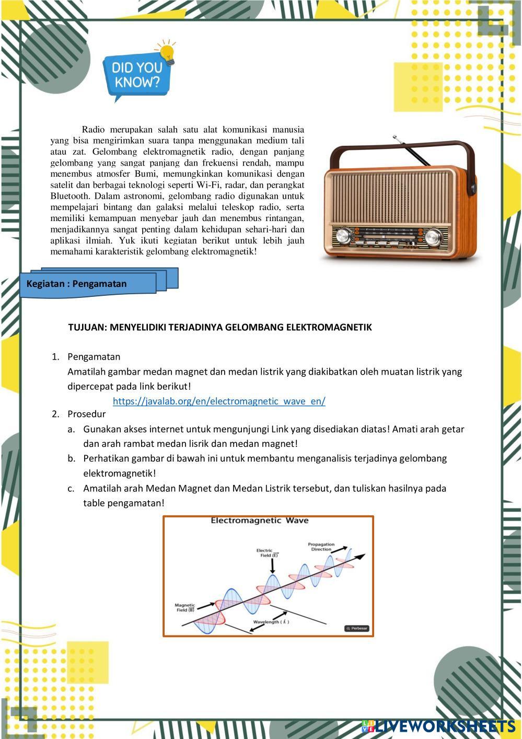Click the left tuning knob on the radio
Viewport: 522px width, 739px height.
click(x=344, y=236)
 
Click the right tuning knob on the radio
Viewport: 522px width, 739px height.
click(x=433, y=237)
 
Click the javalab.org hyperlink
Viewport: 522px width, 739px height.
click(x=219, y=401)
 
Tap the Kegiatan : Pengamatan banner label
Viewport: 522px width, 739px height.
click(x=77, y=284)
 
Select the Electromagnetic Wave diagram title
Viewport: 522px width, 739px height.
click(x=259, y=521)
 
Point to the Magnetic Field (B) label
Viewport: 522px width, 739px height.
click(x=185, y=607)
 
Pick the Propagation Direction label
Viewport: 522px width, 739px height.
click(x=321, y=547)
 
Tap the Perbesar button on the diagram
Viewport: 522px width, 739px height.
click(x=357, y=628)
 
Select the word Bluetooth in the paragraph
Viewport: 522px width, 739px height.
click(x=69, y=196)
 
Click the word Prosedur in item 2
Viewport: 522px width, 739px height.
click(x=86, y=414)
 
